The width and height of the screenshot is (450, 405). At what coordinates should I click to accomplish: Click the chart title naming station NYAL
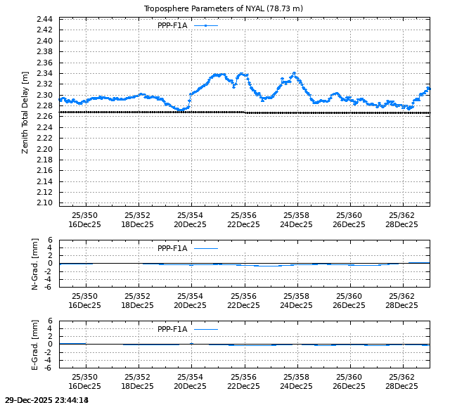coord(223,8)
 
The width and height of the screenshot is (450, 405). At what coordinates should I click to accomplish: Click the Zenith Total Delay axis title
coord(25,112)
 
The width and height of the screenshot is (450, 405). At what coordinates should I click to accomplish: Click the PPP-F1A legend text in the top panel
coord(172,25)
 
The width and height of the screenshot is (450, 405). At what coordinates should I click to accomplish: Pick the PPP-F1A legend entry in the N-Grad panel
coord(172,248)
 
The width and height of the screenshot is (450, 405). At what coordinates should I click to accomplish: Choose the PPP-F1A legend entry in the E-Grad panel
coord(172,329)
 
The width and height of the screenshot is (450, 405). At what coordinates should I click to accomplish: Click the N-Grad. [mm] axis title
coord(35,263)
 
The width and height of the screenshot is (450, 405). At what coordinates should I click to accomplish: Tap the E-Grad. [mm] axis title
coord(35,344)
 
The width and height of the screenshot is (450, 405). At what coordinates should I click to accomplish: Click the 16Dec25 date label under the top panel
coord(85,225)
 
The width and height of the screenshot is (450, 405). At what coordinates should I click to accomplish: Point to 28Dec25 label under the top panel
coord(401,225)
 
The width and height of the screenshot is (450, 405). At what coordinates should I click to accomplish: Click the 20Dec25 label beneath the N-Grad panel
coord(191,306)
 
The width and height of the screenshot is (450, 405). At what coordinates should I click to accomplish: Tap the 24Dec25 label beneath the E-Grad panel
coord(296,387)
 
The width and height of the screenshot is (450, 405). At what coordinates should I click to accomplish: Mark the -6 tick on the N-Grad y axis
coord(49,287)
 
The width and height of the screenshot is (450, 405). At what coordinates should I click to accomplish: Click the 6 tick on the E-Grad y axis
coord(51,321)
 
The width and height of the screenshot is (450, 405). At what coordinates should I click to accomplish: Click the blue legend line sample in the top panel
coord(205,25)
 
